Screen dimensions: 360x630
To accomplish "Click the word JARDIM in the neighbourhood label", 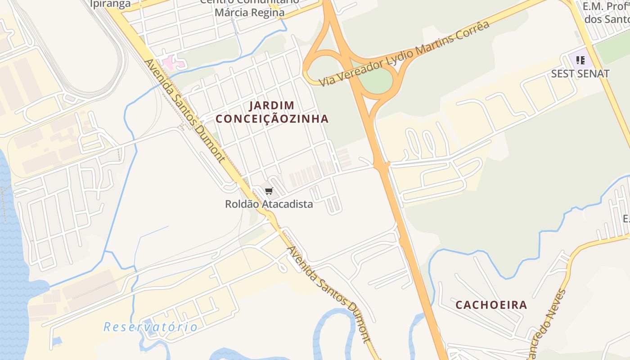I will click(x=272, y=106).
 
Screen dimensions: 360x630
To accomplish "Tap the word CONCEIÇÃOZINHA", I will click(x=272, y=119).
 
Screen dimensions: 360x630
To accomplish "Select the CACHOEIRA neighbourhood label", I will click(x=491, y=305).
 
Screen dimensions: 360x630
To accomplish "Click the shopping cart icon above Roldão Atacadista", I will click(x=269, y=191).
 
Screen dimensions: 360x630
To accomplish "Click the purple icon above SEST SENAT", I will click(x=580, y=60).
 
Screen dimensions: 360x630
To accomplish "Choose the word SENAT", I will click(x=594, y=74).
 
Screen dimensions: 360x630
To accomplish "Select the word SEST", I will click(x=563, y=74).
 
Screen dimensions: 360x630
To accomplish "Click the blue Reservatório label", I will click(x=150, y=327).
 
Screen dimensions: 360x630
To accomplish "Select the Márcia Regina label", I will click(x=249, y=13).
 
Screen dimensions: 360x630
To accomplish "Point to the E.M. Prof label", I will click(x=606, y=7).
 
